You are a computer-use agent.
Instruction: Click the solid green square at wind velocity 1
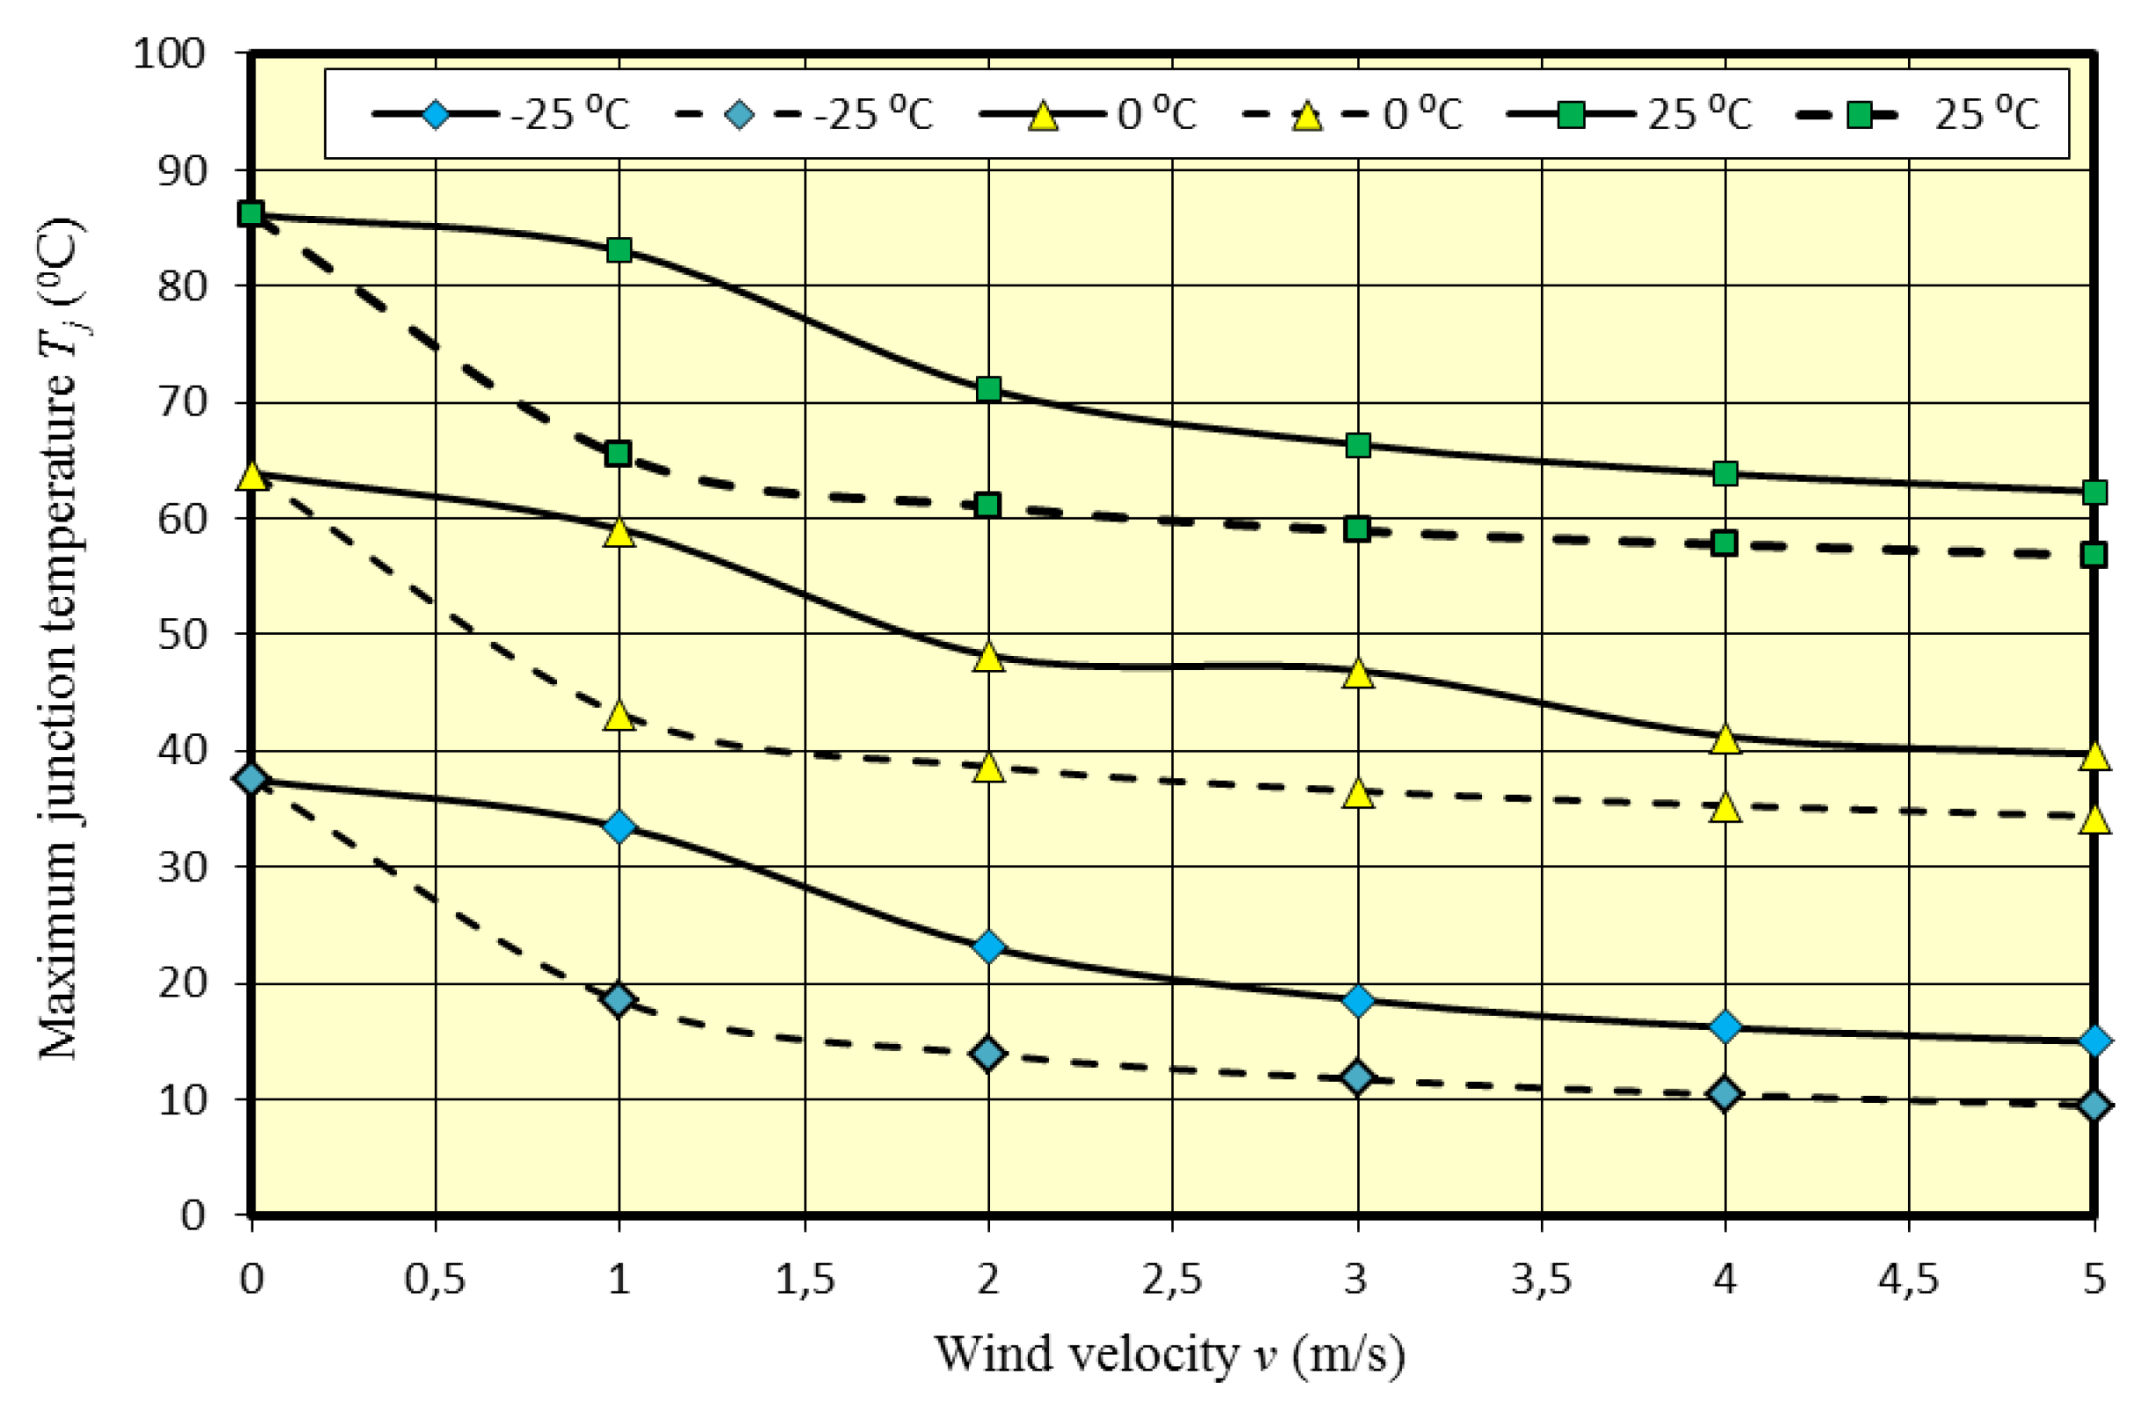click(x=618, y=249)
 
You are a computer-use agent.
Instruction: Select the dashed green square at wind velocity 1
click(x=618, y=453)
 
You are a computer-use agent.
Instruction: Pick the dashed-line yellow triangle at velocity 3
click(x=1358, y=793)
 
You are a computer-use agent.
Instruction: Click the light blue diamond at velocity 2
click(x=989, y=947)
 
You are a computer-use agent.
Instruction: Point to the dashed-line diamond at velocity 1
click(x=618, y=999)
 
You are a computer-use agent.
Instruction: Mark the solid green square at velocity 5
click(x=2095, y=492)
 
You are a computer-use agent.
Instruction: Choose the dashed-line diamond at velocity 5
click(x=2095, y=1105)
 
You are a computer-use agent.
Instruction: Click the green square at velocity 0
click(x=251, y=214)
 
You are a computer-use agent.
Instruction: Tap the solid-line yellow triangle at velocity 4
click(x=1724, y=739)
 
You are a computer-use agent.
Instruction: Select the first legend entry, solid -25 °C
click(x=500, y=115)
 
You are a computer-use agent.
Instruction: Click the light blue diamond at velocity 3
click(x=1358, y=1000)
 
